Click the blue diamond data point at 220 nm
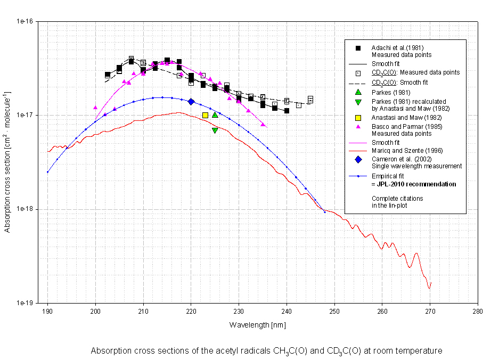(191, 101)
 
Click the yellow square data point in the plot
(206, 115)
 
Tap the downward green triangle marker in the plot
(215, 130)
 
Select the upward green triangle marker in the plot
(215, 114)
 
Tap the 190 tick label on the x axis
(47, 312)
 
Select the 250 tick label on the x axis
(334, 312)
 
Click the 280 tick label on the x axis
(478, 312)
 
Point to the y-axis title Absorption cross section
(9, 162)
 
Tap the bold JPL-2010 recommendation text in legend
(413, 184)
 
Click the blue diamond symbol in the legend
(358, 159)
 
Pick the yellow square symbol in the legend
(358, 117)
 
